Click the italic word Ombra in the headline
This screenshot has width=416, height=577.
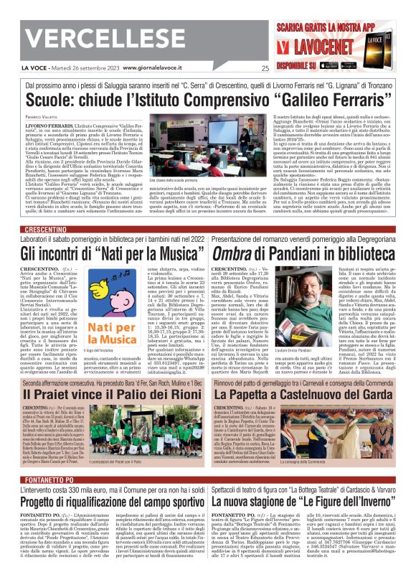(x=232, y=253)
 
